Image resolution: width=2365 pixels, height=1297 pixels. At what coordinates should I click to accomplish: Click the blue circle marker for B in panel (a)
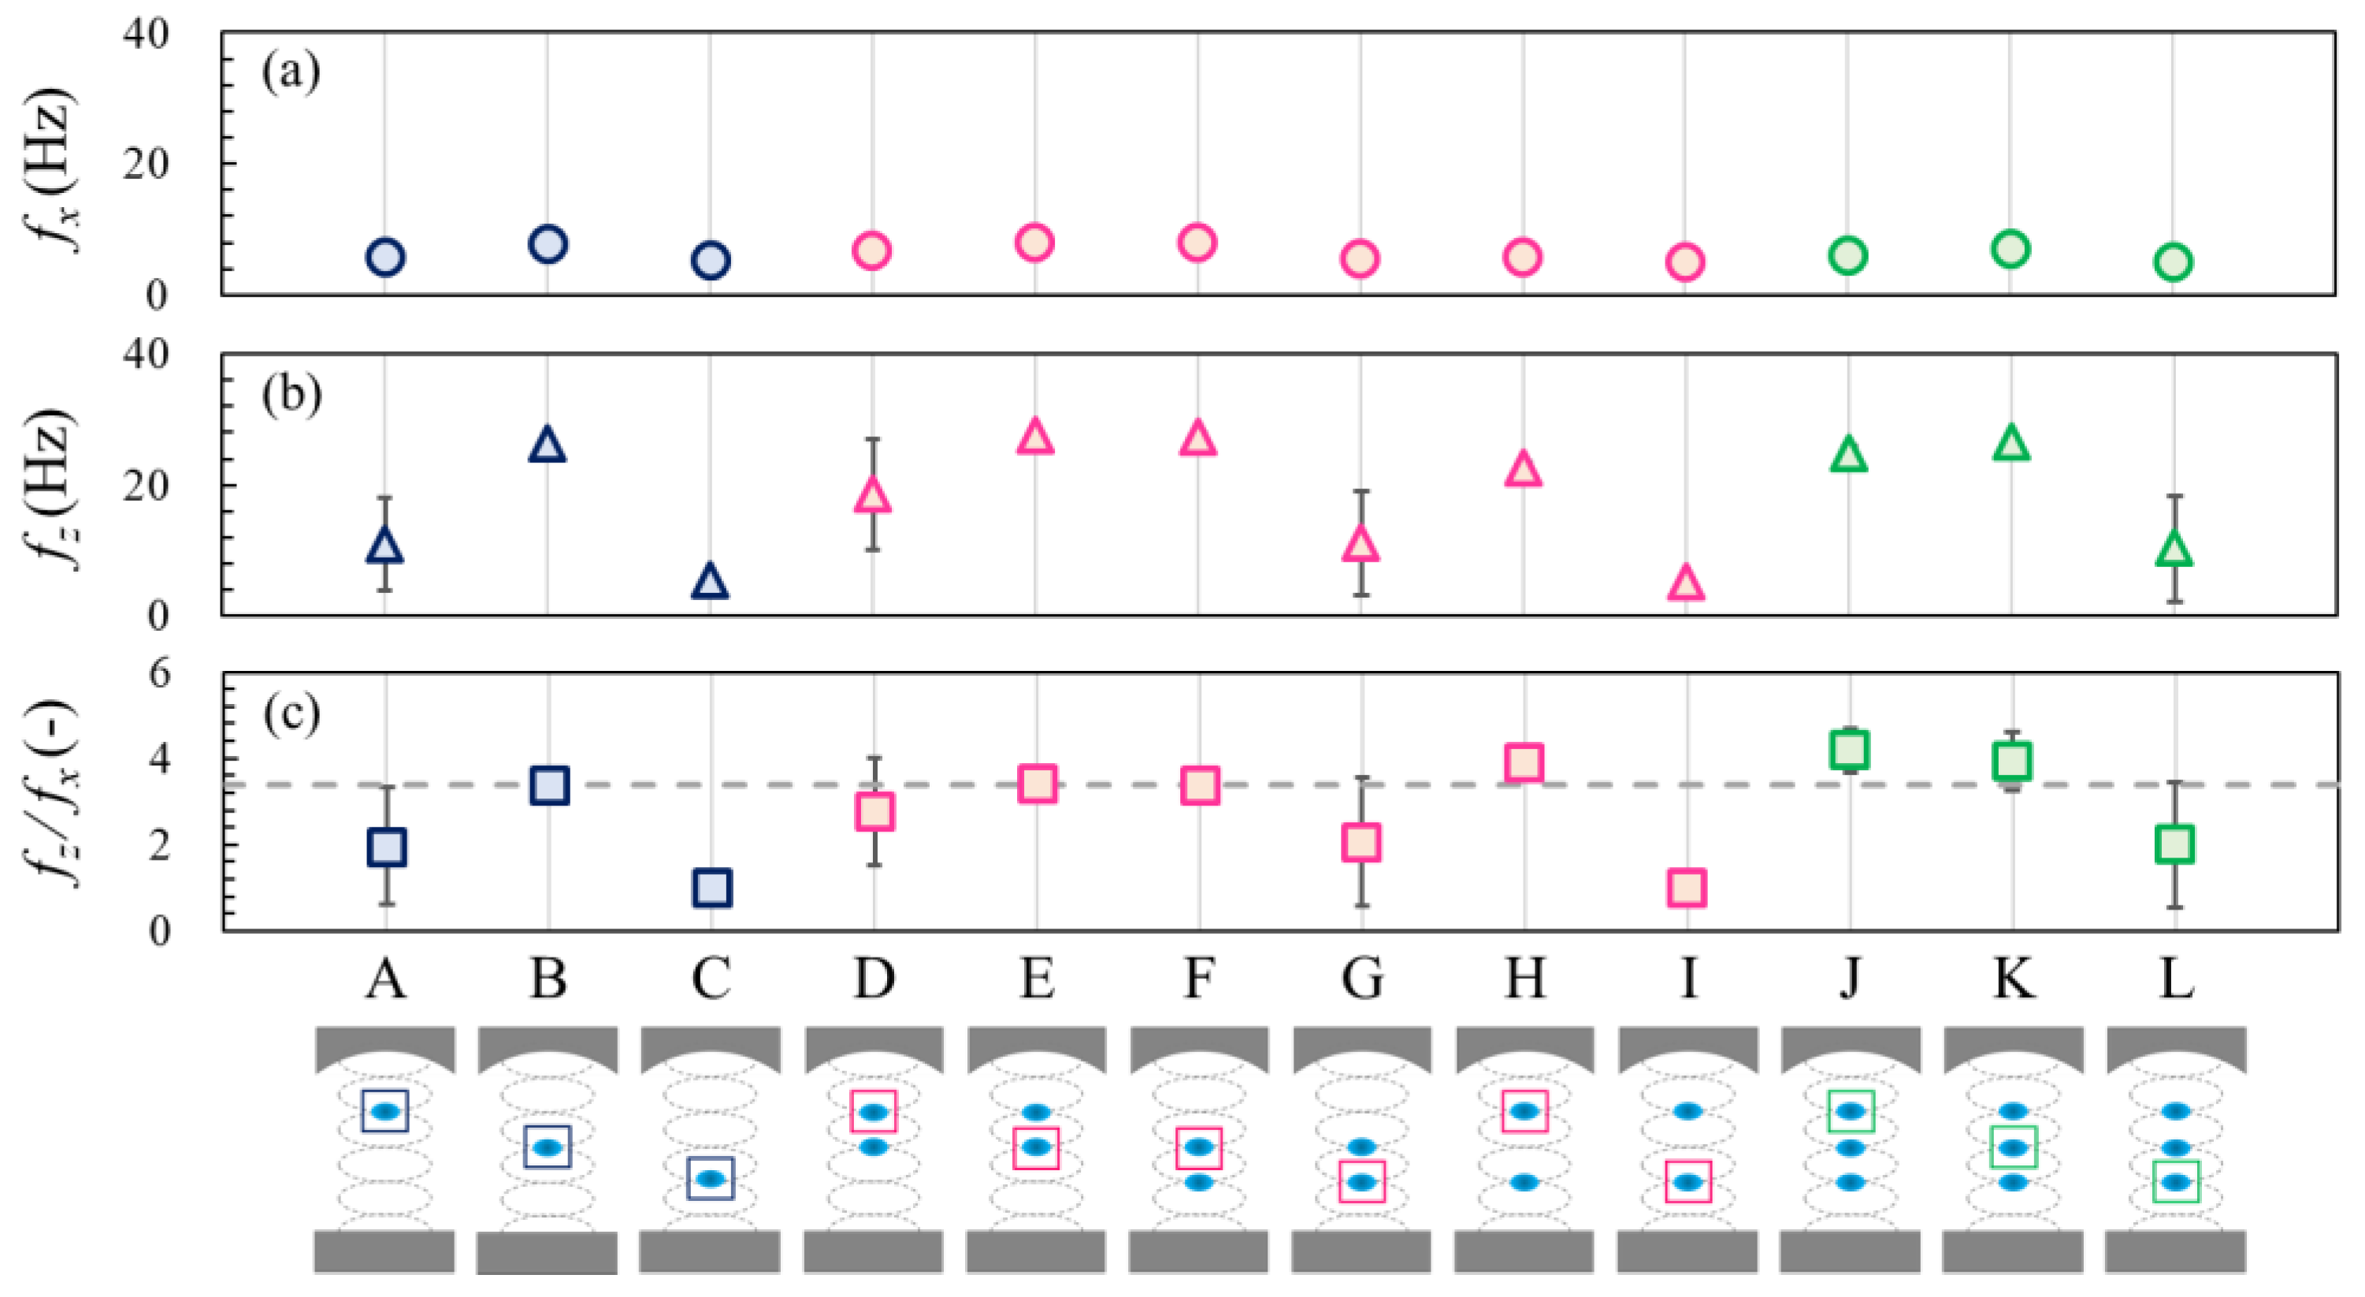coord(548,244)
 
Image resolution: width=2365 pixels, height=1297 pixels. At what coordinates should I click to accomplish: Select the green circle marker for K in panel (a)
coord(2010,249)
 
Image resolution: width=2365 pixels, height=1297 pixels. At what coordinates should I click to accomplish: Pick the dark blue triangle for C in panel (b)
coord(710,582)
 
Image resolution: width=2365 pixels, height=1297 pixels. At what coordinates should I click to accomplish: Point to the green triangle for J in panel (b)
coord(1848,455)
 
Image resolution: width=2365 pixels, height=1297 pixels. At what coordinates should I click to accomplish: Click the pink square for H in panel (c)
coord(1524,762)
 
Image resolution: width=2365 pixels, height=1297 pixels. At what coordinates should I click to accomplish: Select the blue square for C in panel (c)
coord(711,888)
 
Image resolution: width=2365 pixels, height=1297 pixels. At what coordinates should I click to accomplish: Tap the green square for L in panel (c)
coord(2174,843)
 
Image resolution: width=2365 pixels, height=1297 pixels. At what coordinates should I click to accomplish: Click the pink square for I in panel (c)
coord(1687,888)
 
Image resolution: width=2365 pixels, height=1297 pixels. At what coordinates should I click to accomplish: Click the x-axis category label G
coord(1361,979)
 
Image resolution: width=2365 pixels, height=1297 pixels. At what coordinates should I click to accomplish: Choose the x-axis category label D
coord(873,979)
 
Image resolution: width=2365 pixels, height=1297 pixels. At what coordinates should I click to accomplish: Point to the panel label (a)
coord(291,72)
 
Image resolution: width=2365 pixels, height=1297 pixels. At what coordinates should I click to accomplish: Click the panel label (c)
coord(291,714)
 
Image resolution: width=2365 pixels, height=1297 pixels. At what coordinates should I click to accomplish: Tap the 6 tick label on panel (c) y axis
coord(159,675)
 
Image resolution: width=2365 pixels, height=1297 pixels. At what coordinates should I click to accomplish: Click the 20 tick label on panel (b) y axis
coord(146,486)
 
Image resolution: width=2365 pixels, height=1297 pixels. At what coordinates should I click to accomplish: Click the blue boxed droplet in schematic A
coord(384,1110)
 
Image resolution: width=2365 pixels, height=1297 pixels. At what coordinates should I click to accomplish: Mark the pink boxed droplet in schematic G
coord(1361,1182)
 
